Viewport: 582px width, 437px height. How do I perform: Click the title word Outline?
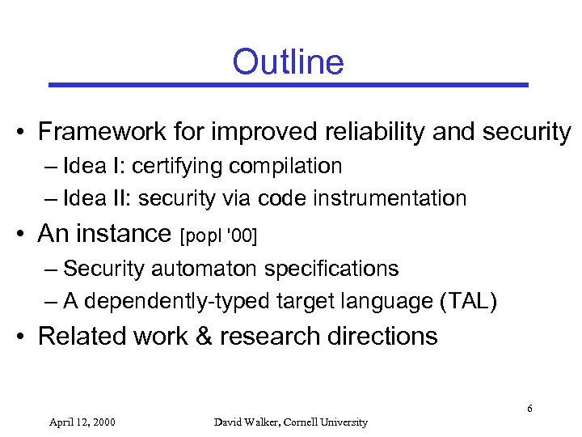pos(288,62)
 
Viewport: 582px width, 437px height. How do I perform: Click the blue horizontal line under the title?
pos(288,84)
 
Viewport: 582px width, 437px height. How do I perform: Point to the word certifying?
pos(178,167)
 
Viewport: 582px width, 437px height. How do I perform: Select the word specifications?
pos(336,268)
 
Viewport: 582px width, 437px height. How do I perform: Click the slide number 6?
pos(529,408)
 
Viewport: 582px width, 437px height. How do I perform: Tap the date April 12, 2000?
pos(82,422)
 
